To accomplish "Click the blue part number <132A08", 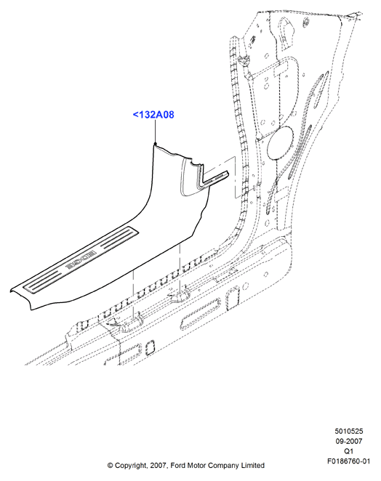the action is [x=153, y=115].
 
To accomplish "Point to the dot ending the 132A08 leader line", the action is [x=156, y=143].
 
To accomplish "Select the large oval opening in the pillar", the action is [x=280, y=143].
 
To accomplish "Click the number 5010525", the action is [x=349, y=431].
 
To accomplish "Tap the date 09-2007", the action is [x=349, y=441].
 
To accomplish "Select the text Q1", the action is [x=349, y=451].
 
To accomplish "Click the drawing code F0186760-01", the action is [x=349, y=461].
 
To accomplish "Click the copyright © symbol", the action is [x=111, y=466].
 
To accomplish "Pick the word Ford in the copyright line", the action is [x=177, y=465].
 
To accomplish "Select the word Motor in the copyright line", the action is [x=196, y=465].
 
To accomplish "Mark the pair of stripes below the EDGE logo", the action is [x=44, y=280].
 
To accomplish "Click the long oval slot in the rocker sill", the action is [x=200, y=314].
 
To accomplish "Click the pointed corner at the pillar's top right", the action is [x=361, y=13].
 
